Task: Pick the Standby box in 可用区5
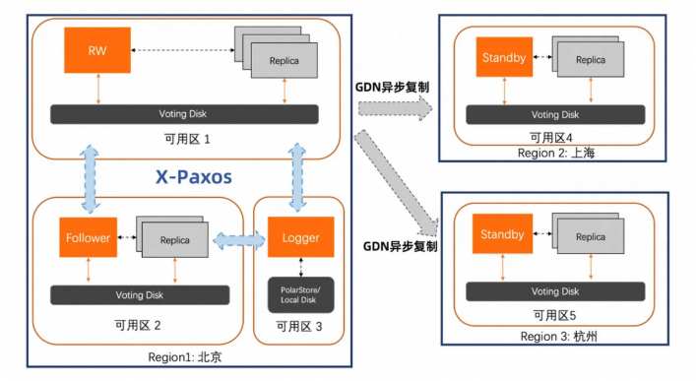coord(503,235)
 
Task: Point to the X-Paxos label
coord(194,177)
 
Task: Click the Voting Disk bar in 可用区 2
coord(139,294)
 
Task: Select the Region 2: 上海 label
coord(556,154)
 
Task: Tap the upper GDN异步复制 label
coord(392,86)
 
